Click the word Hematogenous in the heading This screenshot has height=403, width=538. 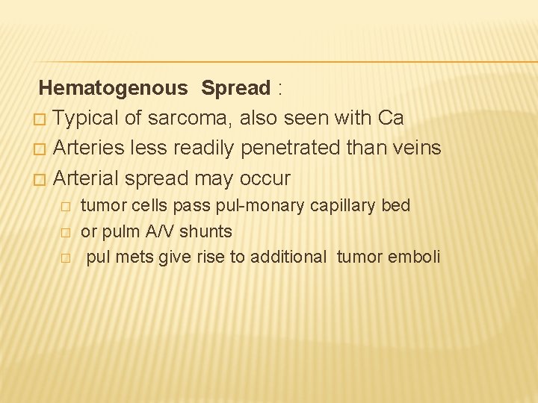(x=113, y=88)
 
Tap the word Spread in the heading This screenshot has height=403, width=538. (x=235, y=88)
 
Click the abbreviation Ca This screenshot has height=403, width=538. (x=391, y=118)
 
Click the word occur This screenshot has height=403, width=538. (x=265, y=178)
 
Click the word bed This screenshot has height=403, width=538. (x=396, y=206)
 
